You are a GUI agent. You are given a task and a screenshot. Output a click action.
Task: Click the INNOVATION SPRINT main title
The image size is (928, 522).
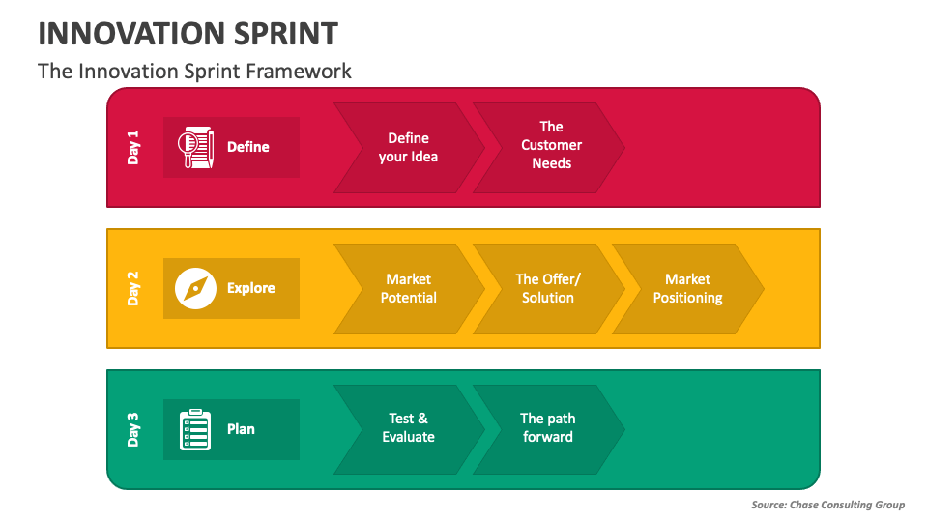tap(188, 34)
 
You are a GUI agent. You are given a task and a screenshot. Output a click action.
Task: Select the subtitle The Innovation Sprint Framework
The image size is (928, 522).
tap(194, 71)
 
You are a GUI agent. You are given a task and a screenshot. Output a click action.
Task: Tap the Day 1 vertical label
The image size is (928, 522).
tap(133, 147)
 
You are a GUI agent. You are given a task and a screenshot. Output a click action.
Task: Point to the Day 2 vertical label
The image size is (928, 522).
tap(133, 288)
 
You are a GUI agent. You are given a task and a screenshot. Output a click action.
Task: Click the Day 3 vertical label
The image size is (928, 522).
tap(133, 429)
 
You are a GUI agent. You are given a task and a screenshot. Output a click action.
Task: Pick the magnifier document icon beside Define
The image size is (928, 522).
tap(196, 147)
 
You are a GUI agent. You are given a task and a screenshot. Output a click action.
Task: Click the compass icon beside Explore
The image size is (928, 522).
tap(196, 288)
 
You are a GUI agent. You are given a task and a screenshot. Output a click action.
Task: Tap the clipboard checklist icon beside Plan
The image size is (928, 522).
tap(196, 429)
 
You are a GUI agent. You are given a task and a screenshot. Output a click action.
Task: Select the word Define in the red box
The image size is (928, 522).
tap(248, 147)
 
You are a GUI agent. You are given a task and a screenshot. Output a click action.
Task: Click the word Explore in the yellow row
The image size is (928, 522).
tap(251, 288)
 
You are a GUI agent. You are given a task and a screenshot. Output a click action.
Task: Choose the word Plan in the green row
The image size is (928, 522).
tap(241, 429)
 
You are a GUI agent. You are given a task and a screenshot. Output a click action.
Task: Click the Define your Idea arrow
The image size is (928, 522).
tap(408, 147)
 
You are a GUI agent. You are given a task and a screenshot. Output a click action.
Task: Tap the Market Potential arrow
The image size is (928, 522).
tap(408, 288)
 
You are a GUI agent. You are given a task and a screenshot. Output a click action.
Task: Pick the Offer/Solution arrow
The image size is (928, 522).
tap(548, 288)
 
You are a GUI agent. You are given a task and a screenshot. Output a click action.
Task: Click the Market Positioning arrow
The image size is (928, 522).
tap(687, 288)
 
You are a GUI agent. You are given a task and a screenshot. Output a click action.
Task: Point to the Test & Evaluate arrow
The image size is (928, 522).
tap(408, 428)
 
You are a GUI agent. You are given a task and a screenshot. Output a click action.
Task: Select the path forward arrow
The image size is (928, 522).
tap(548, 428)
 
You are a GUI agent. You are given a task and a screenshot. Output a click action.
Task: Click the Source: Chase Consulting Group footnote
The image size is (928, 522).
tap(827, 505)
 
